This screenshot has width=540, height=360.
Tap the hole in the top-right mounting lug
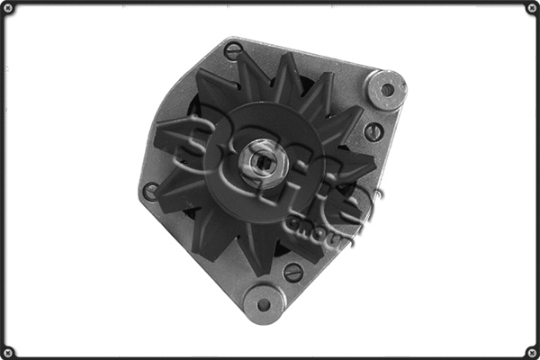tap(388, 89)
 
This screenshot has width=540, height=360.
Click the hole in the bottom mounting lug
tap(264, 303)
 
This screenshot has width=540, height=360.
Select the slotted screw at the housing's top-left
tap(232, 51)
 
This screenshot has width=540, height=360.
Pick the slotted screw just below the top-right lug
tap(373, 131)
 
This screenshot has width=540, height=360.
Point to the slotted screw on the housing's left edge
tap(152, 191)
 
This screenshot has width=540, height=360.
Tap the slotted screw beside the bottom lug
tap(293, 272)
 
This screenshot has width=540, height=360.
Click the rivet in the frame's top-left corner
tap(8, 8)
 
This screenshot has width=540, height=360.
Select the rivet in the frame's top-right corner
tap(531, 8)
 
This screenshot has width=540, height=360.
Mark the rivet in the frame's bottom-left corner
tap(8, 351)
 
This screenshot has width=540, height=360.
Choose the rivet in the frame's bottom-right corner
tap(531, 351)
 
